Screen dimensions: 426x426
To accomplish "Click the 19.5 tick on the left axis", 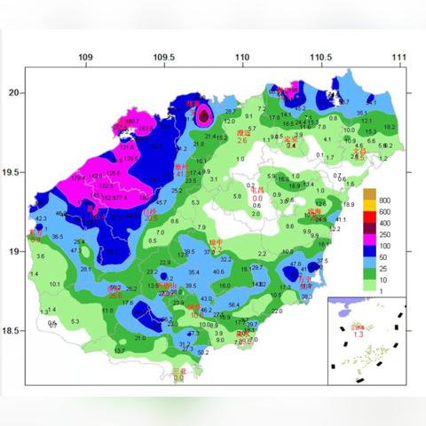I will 12,171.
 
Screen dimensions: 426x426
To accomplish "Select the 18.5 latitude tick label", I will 12,331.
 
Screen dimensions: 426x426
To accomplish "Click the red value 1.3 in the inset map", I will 359,335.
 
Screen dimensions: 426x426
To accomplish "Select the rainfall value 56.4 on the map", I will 234,304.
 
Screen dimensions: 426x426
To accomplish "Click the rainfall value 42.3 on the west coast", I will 41,218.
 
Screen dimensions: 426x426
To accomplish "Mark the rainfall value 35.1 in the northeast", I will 362,114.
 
